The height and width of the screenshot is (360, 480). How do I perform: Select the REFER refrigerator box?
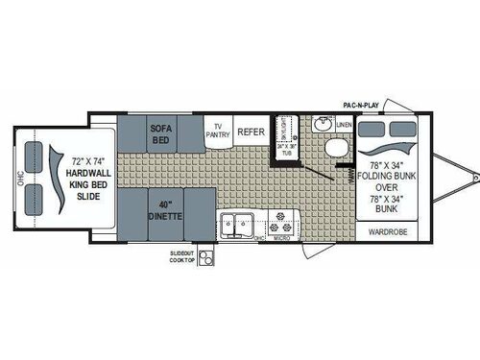tap(251, 132)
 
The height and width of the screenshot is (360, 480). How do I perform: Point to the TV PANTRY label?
tap(219, 132)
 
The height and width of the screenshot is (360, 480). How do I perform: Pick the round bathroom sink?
tap(324, 125)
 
